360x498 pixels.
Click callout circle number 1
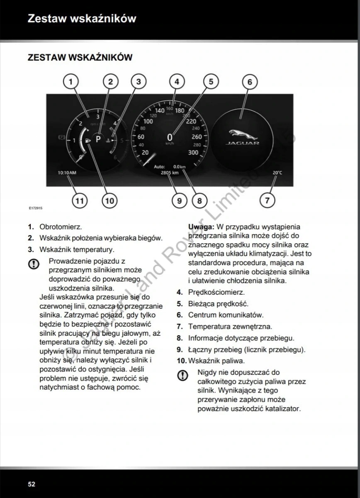coord(71,82)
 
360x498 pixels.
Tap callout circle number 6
coord(250,82)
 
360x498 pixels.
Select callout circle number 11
coord(80,201)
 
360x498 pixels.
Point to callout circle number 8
coord(199,201)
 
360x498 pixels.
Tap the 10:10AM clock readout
coord(67,172)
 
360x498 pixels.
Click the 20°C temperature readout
coord(277,172)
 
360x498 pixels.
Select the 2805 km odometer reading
coord(170,172)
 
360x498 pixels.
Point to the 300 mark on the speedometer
coord(193,152)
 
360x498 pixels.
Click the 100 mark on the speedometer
coord(148,122)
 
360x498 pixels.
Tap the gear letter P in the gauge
coord(98,139)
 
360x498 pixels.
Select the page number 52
coord(32,484)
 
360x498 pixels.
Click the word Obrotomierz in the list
coord(61,227)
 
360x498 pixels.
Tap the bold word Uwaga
coord(201,227)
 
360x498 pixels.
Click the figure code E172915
coord(36,208)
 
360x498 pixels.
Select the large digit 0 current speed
coord(170,137)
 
